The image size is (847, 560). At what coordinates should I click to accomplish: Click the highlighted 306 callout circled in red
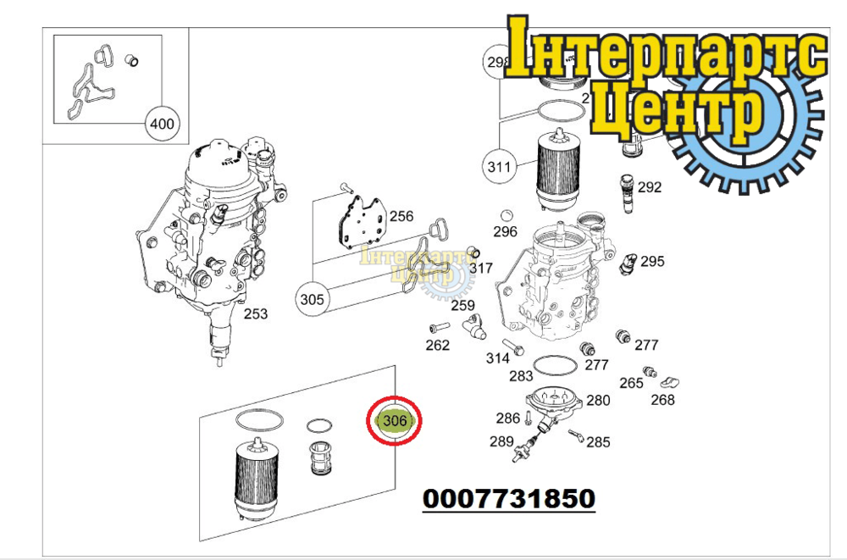coord(395,421)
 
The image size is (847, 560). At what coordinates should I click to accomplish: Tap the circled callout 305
coord(312,299)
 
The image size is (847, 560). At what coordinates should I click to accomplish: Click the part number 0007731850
coord(508,498)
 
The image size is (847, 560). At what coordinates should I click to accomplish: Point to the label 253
coord(256,314)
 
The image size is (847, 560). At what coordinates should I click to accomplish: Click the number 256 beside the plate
coord(401,217)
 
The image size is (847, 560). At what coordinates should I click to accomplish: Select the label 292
coord(650,187)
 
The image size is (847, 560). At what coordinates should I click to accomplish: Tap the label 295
coord(652,262)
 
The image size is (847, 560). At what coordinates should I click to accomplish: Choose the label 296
coord(505,232)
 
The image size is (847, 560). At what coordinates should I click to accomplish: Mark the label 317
coord(480,269)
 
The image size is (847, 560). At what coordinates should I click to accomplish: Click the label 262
coord(437,345)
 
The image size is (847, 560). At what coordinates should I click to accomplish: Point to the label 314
coord(498,358)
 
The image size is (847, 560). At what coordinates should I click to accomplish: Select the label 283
coord(521,376)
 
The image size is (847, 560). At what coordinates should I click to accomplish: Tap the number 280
coord(598,401)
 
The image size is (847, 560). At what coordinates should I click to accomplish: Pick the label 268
coord(662,400)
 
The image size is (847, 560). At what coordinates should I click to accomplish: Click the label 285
coord(598,441)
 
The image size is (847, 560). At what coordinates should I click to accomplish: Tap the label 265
coord(631,383)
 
